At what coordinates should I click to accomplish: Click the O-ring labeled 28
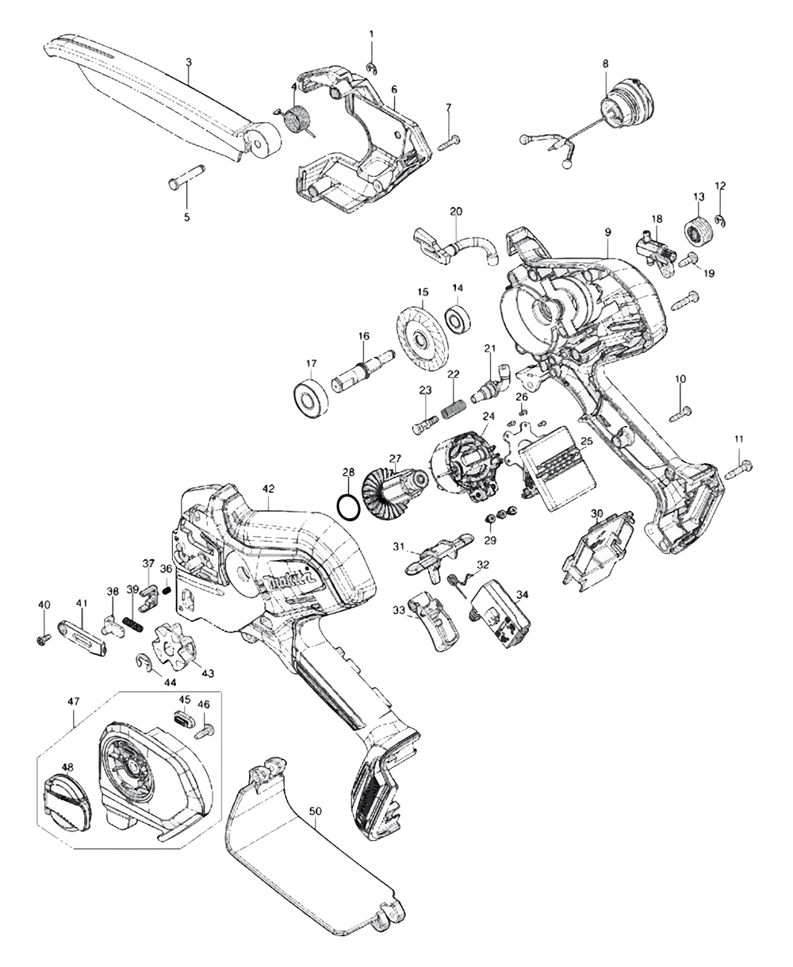[x=347, y=506]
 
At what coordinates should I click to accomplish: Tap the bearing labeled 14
[x=458, y=320]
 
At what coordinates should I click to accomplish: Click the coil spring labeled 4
[x=297, y=122]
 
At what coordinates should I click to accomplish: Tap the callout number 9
[x=607, y=232]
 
